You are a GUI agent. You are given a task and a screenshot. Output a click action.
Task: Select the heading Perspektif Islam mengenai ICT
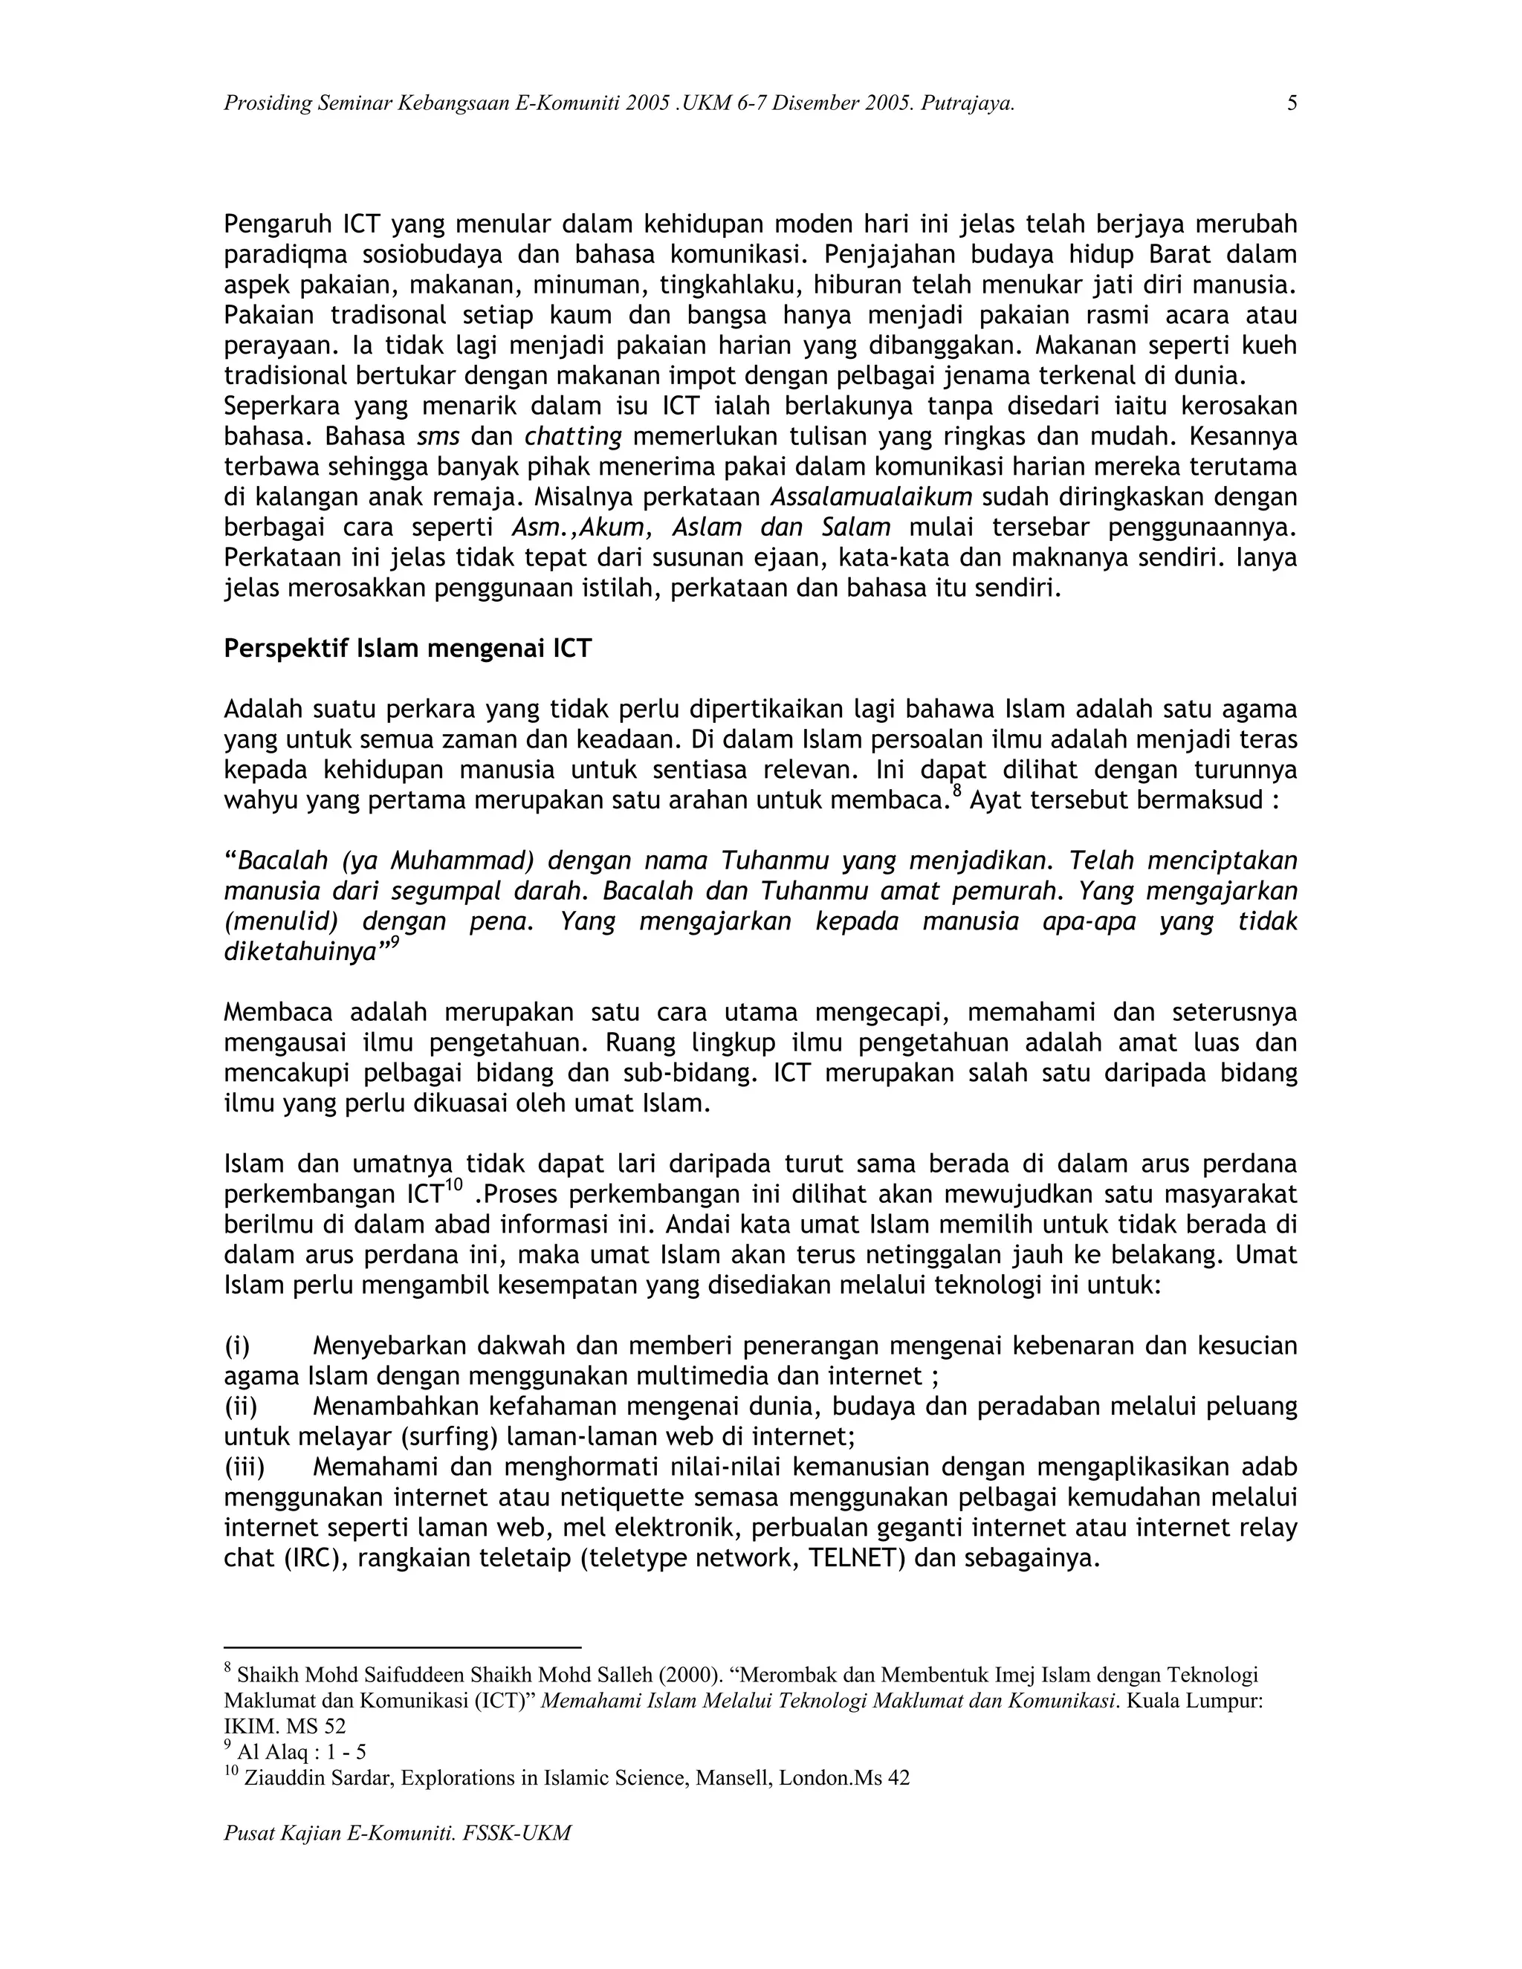pyautogui.click(x=407, y=648)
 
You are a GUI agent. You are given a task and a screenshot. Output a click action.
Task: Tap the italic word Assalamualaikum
pyautogui.click(x=871, y=497)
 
